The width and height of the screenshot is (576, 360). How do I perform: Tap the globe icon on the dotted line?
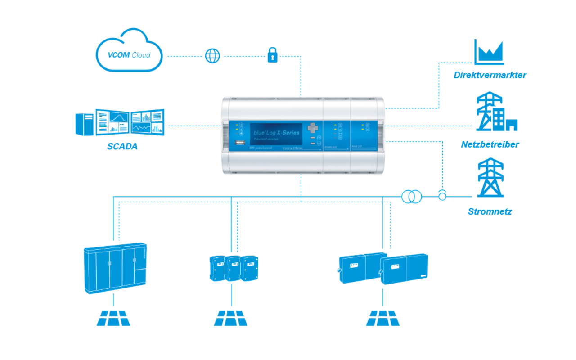(212, 56)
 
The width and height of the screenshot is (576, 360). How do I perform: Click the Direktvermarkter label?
(490, 75)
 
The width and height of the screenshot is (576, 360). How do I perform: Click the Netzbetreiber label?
(490, 144)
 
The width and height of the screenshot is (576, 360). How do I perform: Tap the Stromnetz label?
(490, 211)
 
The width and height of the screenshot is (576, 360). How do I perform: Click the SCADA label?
(122, 146)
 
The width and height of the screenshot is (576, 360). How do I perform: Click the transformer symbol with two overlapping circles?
(412, 197)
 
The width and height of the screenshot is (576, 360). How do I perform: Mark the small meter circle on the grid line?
(442, 196)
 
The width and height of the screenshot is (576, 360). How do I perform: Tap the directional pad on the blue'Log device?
(313, 128)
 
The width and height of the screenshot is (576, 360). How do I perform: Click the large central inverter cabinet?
(115, 269)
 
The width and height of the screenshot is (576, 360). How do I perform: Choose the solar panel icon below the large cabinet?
(113, 318)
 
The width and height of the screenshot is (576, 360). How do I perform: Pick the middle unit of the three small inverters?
(232, 268)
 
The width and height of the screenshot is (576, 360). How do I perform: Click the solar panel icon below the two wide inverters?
(383, 318)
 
